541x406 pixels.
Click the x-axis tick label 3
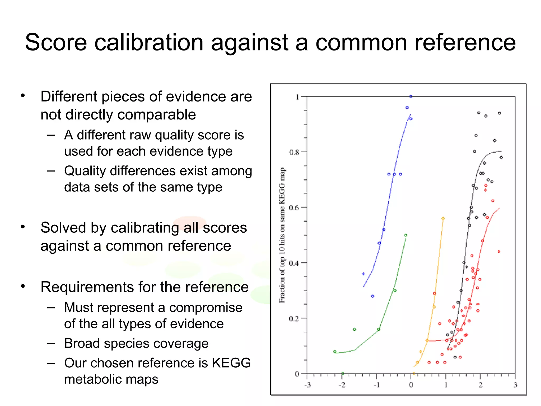coord(515,385)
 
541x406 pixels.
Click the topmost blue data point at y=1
coord(411,96)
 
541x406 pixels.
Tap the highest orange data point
coord(443,219)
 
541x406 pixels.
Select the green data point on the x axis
coord(343,373)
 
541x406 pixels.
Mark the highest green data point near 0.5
coord(406,235)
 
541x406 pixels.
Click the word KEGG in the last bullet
coord(231,363)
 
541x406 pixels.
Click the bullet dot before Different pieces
coord(23,95)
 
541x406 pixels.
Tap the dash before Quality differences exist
coord(51,171)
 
